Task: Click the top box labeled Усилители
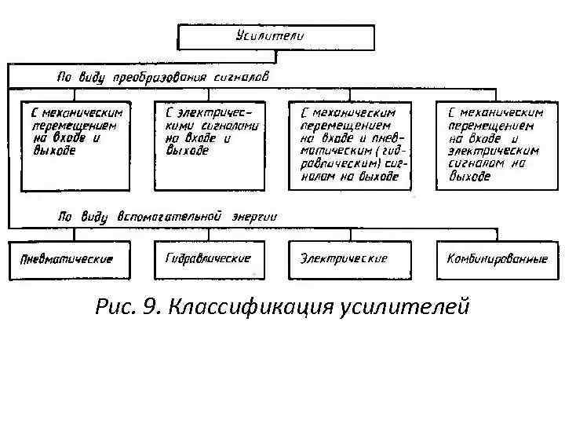pos(276,37)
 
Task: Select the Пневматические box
pos(67,259)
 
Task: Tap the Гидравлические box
pos(209,258)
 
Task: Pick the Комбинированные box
pos(497,258)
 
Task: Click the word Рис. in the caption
pos(115,305)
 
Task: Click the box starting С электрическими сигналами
pos(209,145)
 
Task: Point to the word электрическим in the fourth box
pos(494,151)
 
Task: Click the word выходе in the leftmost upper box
pos(55,151)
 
